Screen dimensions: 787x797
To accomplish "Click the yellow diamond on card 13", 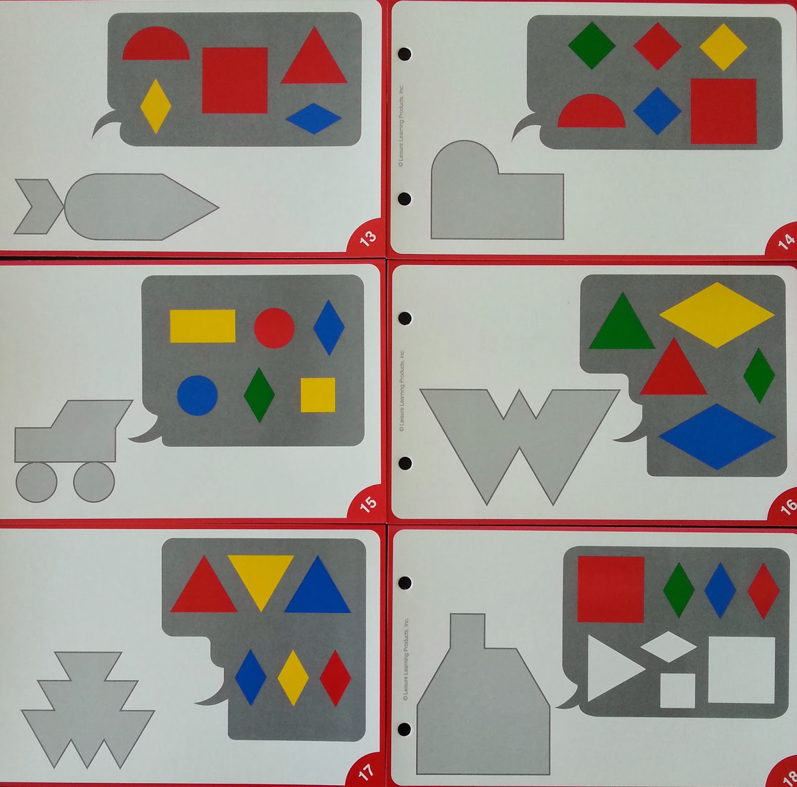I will (156, 106).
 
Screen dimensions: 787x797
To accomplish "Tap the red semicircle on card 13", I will (156, 46).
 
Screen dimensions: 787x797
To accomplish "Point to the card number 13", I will (368, 239).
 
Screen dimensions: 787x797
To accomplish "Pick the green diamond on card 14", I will (592, 45).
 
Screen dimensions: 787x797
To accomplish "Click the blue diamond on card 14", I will (658, 111).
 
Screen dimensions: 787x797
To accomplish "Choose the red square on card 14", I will (723, 111).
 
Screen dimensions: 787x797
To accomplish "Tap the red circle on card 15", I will (274, 328).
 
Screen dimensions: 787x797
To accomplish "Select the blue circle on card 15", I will (197, 395).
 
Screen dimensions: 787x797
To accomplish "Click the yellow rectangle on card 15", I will (203, 326).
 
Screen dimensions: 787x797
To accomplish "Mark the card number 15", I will (368, 504).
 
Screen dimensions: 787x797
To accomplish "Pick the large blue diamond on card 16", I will (717, 436).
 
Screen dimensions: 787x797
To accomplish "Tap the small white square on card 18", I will (677, 690).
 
